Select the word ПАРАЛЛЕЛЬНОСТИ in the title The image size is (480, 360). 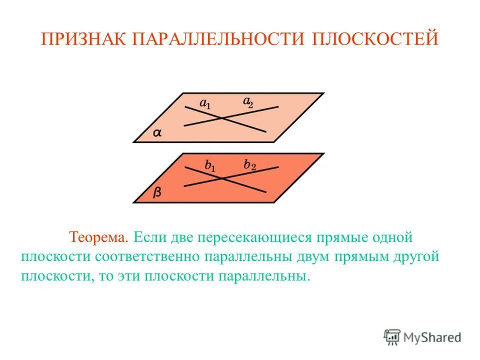[216, 39]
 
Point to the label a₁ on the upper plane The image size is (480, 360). [205, 103]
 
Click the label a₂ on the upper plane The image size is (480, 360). [248, 101]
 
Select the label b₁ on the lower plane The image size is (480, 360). [210, 165]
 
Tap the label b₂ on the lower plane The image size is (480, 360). [250, 164]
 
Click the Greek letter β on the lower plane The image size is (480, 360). [157, 193]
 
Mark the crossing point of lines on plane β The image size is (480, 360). [222, 177]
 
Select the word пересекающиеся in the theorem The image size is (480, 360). [253, 235]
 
